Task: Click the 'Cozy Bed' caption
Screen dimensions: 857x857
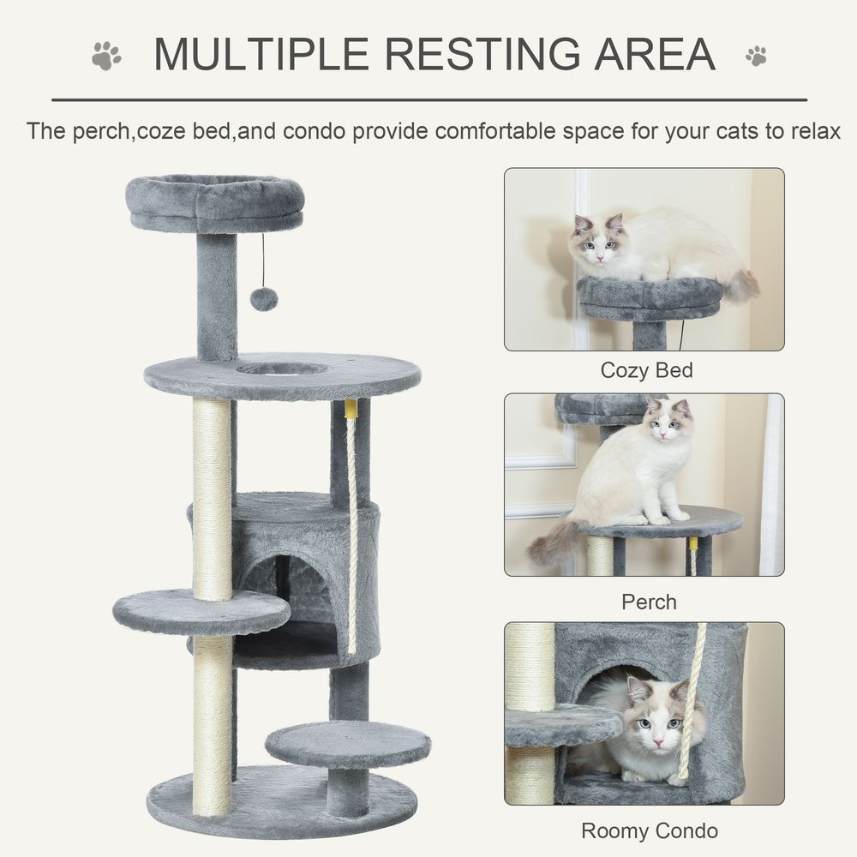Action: (646, 371)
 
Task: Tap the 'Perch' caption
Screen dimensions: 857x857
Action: (649, 602)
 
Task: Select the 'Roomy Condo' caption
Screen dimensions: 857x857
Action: (649, 830)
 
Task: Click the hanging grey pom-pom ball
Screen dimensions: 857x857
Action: (263, 299)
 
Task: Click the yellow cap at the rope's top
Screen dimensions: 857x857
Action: (351, 408)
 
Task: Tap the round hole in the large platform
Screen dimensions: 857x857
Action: (281, 369)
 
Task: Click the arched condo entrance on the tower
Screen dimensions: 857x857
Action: (287, 591)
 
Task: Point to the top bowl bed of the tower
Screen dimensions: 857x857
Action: (215, 202)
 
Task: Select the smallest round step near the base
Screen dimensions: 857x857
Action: (348, 743)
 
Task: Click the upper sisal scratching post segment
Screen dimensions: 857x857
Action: (213, 497)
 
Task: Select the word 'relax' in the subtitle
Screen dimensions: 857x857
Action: (809, 132)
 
